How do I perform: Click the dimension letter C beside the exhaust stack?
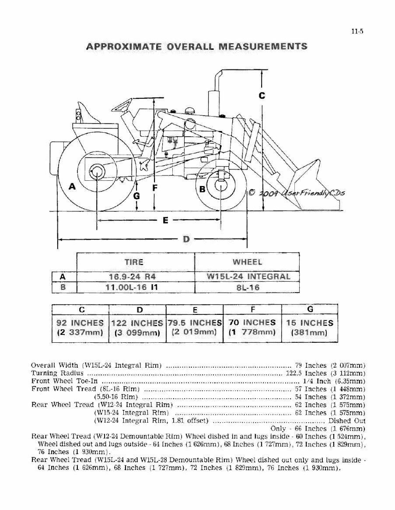[x=262, y=96]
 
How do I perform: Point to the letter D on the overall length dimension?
[x=186, y=239]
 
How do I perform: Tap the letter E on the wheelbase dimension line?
[x=165, y=220]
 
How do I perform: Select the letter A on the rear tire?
[x=72, y=186]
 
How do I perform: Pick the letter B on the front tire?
[x=203, y=189]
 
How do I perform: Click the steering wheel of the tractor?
[x=122, y=105]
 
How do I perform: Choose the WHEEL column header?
[x=248, y=262]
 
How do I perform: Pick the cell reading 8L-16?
[x=248, y=288]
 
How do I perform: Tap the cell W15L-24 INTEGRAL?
[x=248, y=277]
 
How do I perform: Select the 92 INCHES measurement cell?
[x=80, y=327]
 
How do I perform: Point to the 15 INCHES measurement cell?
[x=310, y=327]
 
